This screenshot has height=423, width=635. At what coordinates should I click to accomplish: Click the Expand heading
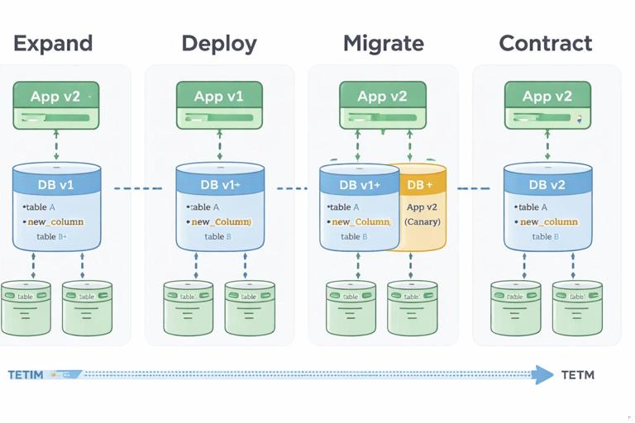pyautogui.click(x=53, y=43)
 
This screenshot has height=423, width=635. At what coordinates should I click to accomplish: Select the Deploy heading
pyautogui.click(x=218, y=43)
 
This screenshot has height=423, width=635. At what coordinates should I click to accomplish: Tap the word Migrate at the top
pyautogui.click(x=383, y=43)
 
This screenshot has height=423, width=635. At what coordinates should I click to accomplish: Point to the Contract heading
pyautogui.click(x=546, y=43)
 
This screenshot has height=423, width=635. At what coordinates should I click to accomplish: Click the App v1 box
pyautogui.click(x=219, y=105)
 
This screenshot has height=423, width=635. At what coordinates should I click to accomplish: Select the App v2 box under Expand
pyautogui.click(x=55, y=105)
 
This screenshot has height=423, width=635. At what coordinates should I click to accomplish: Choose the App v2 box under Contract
pyautogui.click(x=547, y=105)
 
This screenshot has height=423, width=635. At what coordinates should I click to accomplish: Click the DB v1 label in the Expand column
pyautogui.click(x=55, y=185)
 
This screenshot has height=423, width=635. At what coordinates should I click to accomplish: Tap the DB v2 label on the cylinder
pyautogui.click(x=547, y=185)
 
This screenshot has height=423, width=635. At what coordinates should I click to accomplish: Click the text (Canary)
pyautogui.click(x=422, y=221)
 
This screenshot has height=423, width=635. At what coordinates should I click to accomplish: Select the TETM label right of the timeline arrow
pyautogui.click(x=577, y=375)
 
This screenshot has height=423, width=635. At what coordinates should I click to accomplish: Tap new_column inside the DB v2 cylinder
pyautogui.click(x=548, y=221)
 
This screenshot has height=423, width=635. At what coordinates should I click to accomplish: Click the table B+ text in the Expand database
pyautogui.click(x=52, y=236)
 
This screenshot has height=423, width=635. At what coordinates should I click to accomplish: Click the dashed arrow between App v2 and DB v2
pyautogui.click(x=547, y=145)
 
